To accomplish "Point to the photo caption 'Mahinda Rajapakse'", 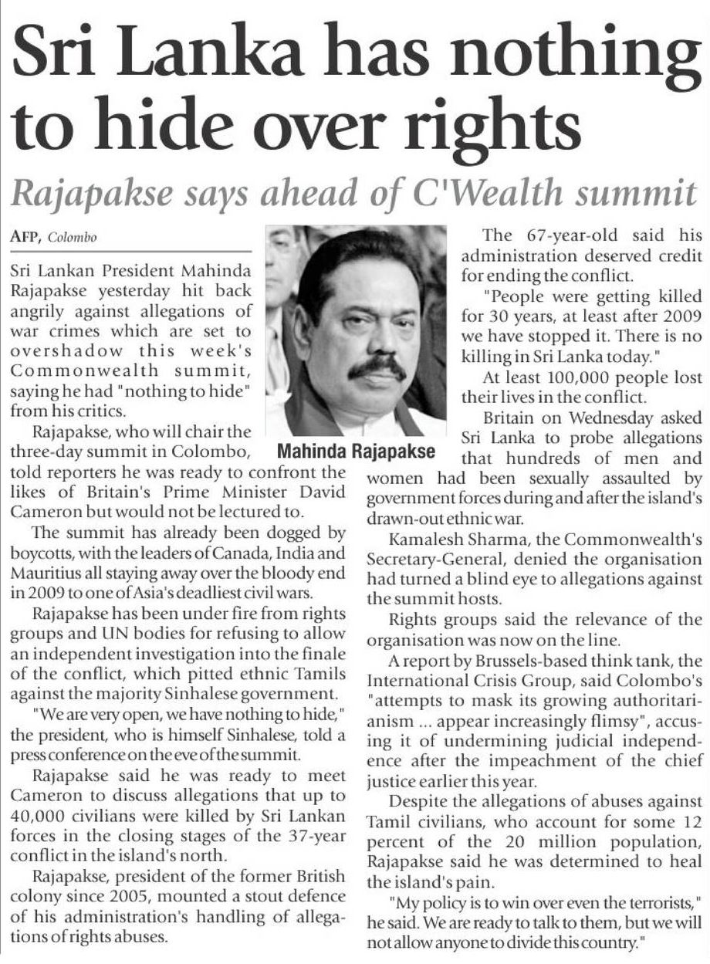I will [x=357, y=451].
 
